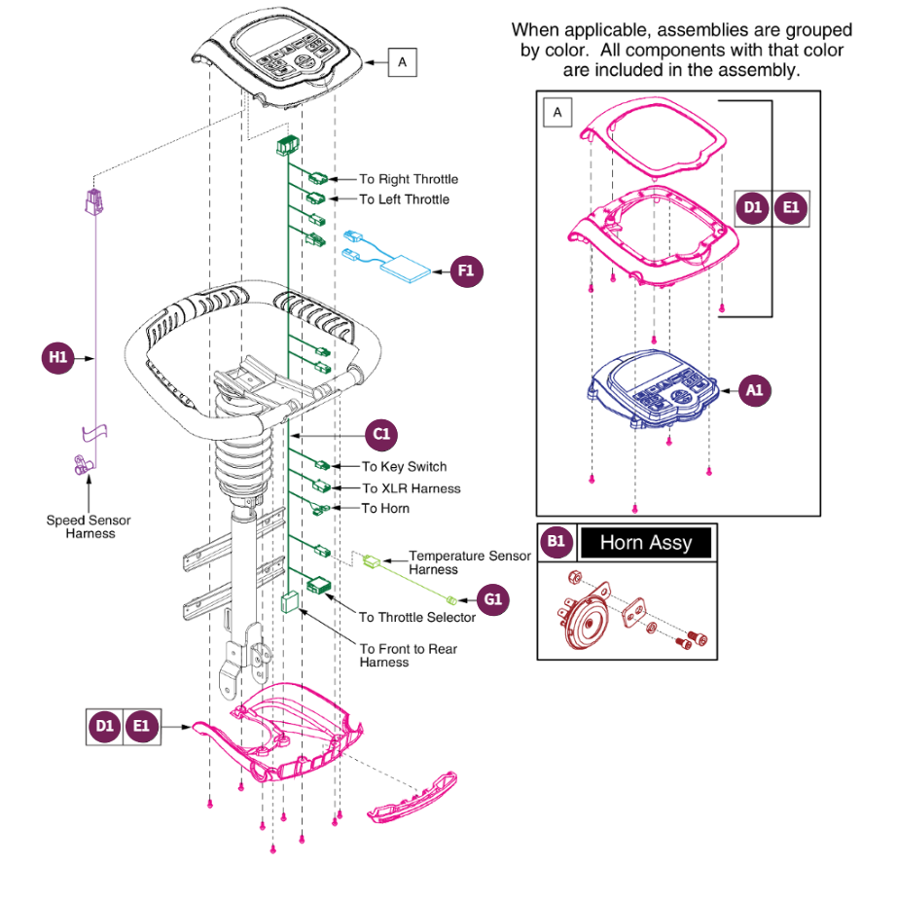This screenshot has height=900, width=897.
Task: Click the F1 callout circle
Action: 467,270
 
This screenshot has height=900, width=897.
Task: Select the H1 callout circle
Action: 58,358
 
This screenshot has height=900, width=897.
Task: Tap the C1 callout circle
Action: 381,435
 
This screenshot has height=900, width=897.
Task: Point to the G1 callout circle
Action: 493,599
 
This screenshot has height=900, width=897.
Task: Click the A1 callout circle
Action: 754,391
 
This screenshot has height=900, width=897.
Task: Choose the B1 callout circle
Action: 556,542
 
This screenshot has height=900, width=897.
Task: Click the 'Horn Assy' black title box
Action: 646,542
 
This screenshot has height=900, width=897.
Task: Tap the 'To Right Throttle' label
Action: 409,179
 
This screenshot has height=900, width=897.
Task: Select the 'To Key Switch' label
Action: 404,467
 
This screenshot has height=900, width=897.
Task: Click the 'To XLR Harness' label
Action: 412,488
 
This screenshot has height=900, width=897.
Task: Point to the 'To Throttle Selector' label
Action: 417,617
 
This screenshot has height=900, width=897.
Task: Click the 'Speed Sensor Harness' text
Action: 89,527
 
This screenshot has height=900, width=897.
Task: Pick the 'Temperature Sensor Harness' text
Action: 470,562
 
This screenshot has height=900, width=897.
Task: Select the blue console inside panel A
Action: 654,389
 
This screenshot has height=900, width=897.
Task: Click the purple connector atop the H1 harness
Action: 94,202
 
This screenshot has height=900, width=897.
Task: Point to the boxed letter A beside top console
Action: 403,62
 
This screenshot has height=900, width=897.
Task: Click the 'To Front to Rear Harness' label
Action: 409,656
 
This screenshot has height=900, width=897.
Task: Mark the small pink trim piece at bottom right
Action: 413,798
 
